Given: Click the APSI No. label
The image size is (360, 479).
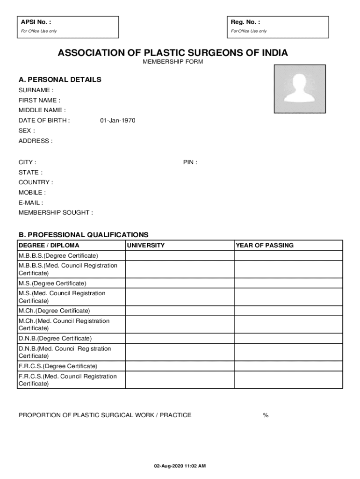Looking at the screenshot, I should (x=36, y=22).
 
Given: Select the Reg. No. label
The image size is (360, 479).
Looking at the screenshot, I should (x=245, y=22).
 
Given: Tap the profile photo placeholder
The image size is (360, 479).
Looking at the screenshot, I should (x=299, y=89).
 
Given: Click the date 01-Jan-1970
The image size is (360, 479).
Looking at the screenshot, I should (x=118, y=121).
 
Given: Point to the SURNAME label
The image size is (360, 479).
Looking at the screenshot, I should (x=36, y=90).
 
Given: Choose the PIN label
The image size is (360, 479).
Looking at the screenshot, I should (x=190, y=162).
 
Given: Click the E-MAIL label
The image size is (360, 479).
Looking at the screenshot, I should (x=31, y=203).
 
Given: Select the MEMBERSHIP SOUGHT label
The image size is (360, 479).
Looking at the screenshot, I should (x=56, y=213).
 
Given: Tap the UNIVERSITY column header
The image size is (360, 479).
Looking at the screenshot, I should (x=146, y=246).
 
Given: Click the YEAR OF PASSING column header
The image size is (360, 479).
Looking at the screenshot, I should (x=265, y=246).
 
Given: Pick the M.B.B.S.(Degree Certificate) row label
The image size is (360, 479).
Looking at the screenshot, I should (x=58, y=256).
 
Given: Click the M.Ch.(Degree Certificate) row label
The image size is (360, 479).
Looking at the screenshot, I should (x=54, y=311).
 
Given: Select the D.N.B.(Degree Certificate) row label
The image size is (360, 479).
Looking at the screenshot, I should (x=55, y=338).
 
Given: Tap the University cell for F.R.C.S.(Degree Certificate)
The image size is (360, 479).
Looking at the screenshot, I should (x=180, y=366).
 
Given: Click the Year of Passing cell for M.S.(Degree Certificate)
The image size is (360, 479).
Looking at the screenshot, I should (x=288, y=283).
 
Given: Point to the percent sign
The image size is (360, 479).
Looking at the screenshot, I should (x=266, y=415).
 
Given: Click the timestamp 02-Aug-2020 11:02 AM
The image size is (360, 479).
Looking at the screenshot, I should (x=180, y=466).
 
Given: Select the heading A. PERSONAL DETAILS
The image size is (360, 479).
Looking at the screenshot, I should (x=60, y=80).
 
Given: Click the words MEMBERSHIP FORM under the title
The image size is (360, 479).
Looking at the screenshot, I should (x=173, y=62).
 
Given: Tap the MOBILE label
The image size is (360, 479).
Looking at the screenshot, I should (x=32, y=193).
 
